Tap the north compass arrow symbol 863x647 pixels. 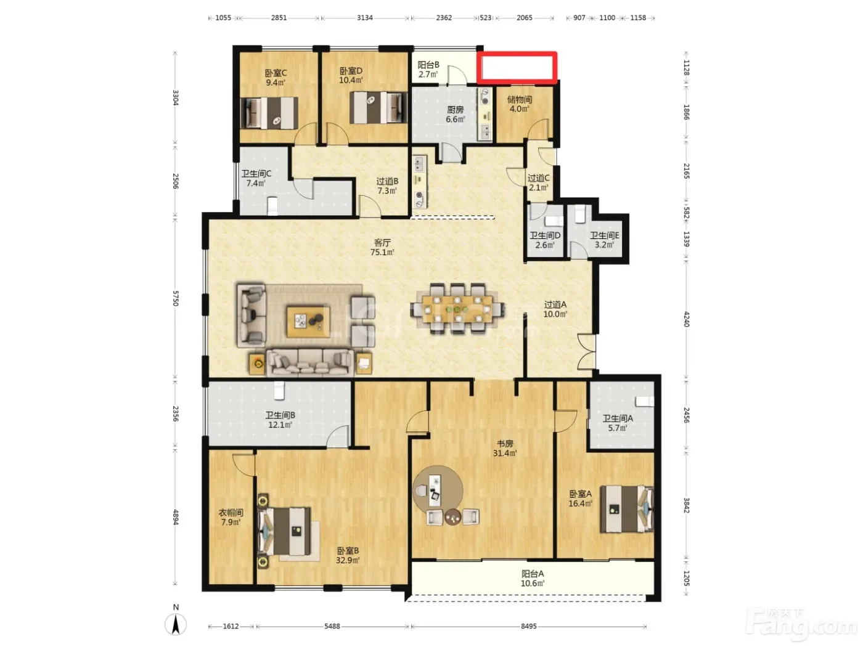click(176, 624)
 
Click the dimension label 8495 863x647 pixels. click(528, 626)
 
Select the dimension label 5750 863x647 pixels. click(176, 298)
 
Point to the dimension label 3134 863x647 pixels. click(364, 18)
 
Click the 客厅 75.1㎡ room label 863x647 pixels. click(382, 247)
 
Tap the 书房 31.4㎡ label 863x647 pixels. click(505, 448)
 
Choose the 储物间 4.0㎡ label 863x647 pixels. click(520, 104)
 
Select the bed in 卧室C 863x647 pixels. click(269, 113)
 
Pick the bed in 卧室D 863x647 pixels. click(378, 108)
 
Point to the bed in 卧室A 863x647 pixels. click(627, 510)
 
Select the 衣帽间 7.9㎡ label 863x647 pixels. click(231, 518)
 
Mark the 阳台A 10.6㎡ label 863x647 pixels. click(533, 579)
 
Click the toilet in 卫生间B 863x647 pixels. click(279, 391)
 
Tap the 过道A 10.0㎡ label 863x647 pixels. click(555, 309)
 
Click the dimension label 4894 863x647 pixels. click(176, 517)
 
